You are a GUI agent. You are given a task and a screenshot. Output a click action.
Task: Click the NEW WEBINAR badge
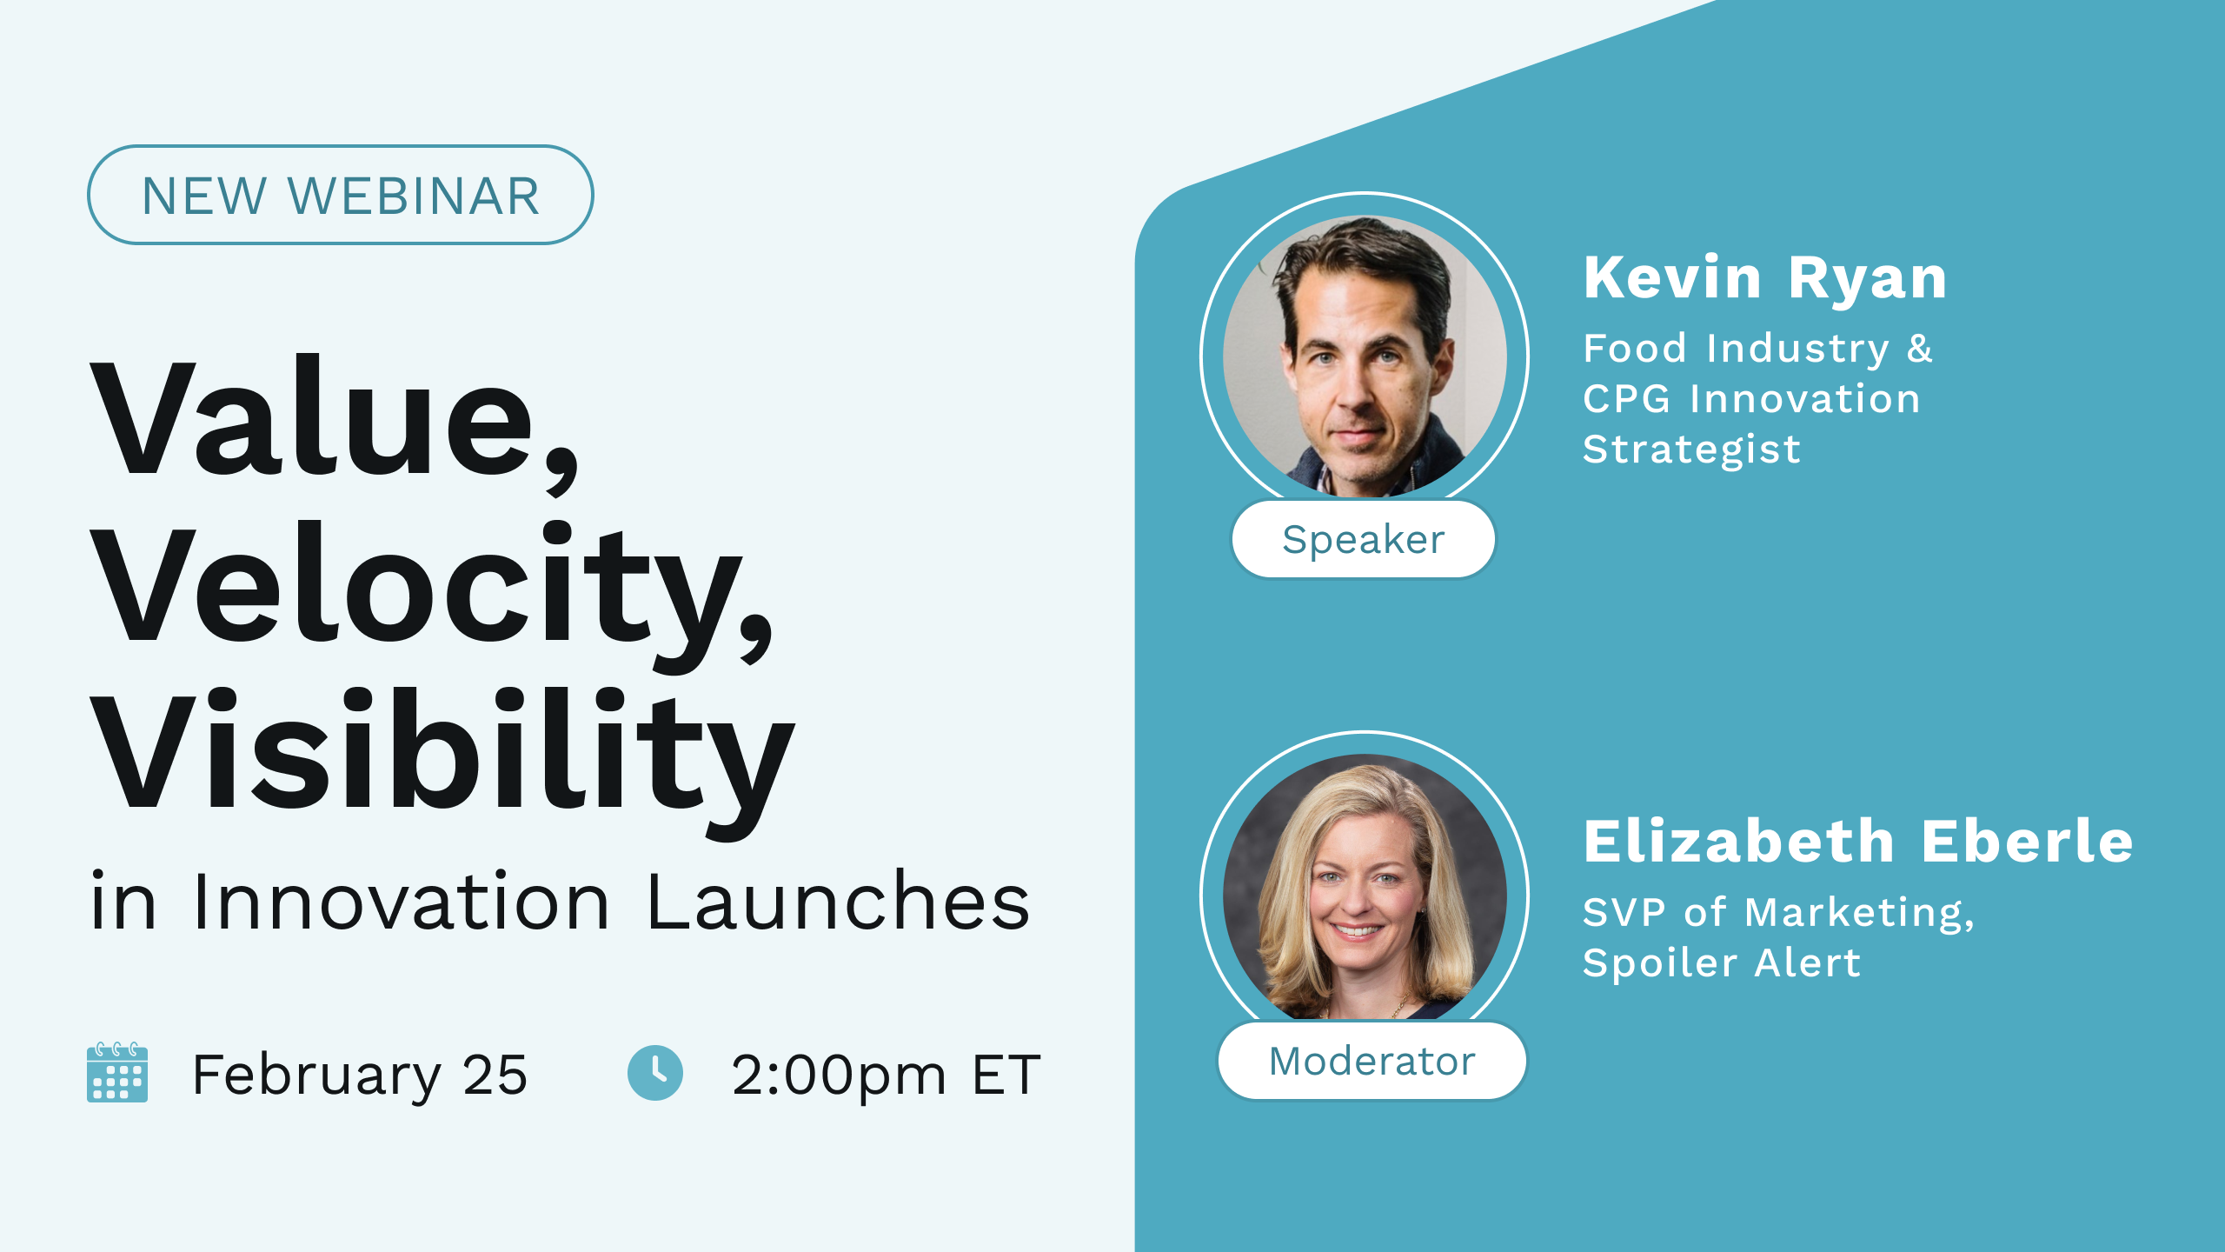pyautogui.click(x=340, y=195)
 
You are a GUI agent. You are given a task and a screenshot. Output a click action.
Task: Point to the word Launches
pyautogui.click(x=838, y=902)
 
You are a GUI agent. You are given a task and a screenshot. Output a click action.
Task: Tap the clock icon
pyautogui.click(x=655, y=1072)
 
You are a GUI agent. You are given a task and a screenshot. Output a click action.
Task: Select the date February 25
pyautogui.click(x=360, y=1075)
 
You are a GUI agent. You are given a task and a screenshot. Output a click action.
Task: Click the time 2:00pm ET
pyautogui.click(x=886, y=1075)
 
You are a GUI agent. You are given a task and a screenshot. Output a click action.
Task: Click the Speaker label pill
pyautogui.click(x=1363, y=539)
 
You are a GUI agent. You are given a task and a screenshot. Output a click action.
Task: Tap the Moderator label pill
pyautogui.click(x=1372, y=1061)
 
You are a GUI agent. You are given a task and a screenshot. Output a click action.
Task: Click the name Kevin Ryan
pyautogui.click(x=1764, y=278)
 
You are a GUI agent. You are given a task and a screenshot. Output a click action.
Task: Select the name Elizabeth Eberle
pyautogui.click(x=1858, y=842)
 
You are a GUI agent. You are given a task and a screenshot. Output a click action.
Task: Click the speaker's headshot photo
pyautogui.click(x=1365, y=356)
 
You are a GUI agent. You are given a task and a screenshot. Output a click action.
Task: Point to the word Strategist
pyautogui.click(x=1691, y=450)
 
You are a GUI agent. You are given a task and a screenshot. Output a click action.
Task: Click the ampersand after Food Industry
pyautogui.click(x=1920, y=349)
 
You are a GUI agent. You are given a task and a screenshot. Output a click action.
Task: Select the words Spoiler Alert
pyautogui.click(x=1721, y=962)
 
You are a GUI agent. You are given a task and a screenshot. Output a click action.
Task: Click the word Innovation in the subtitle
pyautogui.click(x=402, y=902)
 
